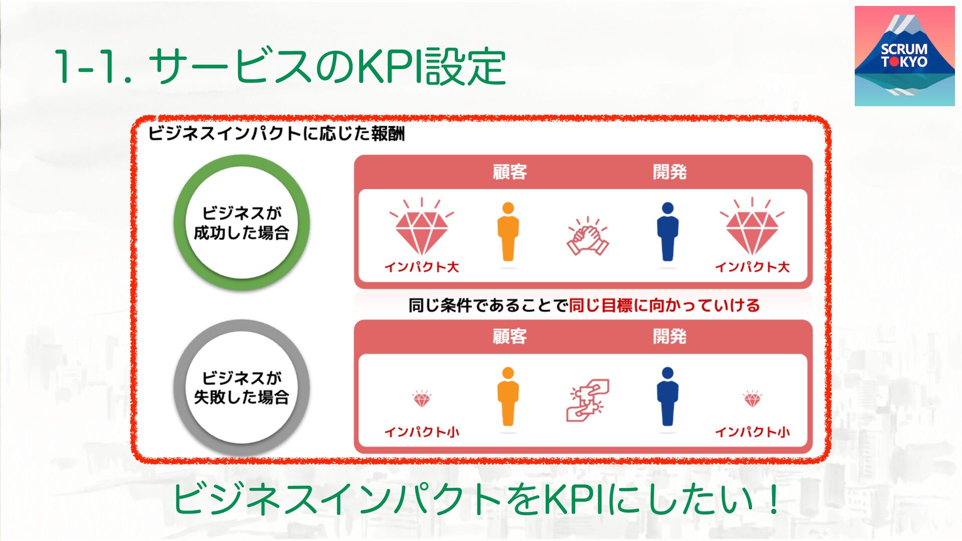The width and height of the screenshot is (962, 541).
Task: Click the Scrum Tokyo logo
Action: tap(904, 56)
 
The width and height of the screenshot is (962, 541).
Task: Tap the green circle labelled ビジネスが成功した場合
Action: tap(242, 222)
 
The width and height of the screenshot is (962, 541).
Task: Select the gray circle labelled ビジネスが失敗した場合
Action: tap(242, 387)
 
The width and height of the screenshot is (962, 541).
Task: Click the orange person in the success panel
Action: tap(508, 232)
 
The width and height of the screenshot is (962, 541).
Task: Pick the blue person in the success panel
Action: tap(667, 232)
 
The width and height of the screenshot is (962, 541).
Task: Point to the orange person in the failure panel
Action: tap(508, 397)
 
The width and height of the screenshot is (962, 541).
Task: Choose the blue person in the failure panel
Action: tap(667, 397)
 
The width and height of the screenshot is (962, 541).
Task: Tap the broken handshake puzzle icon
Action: tap(588, 399)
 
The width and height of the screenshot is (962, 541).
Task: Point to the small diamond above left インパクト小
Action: tap(421, 399)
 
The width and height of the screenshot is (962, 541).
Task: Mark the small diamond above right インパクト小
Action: tap(752, 399)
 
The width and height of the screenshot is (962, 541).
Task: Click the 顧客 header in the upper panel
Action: tap(510, 172)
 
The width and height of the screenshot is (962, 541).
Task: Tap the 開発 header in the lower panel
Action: tap(669, 336)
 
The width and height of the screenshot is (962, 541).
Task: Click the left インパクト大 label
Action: tap(421, 267)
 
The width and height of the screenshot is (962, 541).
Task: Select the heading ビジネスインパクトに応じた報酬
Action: tap(276, 134)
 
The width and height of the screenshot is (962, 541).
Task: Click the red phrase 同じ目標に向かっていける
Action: tap(664, 305)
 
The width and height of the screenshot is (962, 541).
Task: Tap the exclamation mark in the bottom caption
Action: tap(773, 499)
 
